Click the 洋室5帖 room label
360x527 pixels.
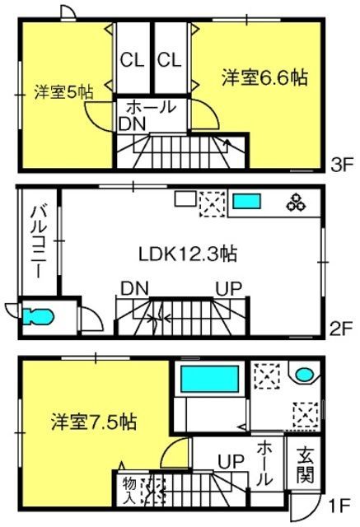tap(64, 92)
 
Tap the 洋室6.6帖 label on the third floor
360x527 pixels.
tap(264, 77)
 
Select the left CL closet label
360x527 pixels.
tap(132, 60)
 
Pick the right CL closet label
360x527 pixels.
tap(170, 60)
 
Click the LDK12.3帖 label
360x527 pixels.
tap(188, 254)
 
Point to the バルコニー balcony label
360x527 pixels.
tap(40, 241)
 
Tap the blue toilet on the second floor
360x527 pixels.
tap(38, 317)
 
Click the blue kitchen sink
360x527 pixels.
tap(247, 201)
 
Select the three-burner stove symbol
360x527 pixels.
tap(297, 203)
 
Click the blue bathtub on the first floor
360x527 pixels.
tap(210, 379)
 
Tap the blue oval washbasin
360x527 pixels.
tap(305, 374)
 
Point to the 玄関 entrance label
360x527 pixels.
tap(305, 464)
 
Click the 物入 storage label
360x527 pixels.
tap(129, 491)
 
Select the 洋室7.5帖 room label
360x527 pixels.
tap(94, 422)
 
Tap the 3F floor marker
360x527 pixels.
tap(342, 166)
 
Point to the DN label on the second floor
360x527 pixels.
tap(134, 288)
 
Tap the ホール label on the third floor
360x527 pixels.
tap(152, 107)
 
